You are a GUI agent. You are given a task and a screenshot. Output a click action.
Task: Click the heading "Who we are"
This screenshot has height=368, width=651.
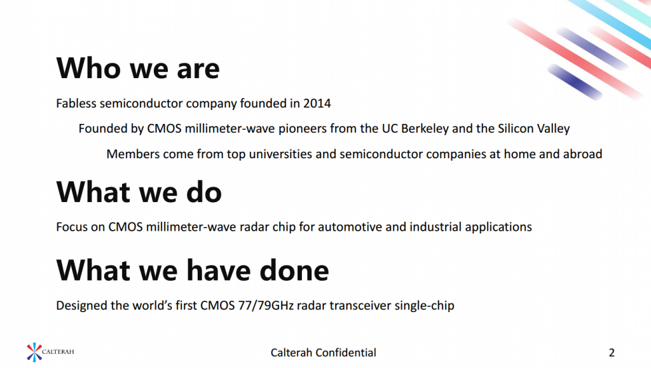pos(138,68)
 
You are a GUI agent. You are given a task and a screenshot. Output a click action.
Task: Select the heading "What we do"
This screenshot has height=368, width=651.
pos(139,192)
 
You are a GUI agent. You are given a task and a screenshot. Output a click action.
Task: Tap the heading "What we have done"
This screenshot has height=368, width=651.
pos(193,270)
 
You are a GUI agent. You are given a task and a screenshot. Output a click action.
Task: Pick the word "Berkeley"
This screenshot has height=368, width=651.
pos(425,128)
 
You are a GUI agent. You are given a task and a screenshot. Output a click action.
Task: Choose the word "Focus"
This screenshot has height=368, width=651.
pos(70,227)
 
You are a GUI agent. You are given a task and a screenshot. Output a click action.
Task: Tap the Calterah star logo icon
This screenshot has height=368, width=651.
pos(34,352)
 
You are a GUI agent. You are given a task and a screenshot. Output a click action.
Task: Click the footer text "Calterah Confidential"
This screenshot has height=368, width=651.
pos(324,353)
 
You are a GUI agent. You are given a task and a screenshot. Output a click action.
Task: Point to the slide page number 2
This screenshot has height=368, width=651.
pos(612,353)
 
